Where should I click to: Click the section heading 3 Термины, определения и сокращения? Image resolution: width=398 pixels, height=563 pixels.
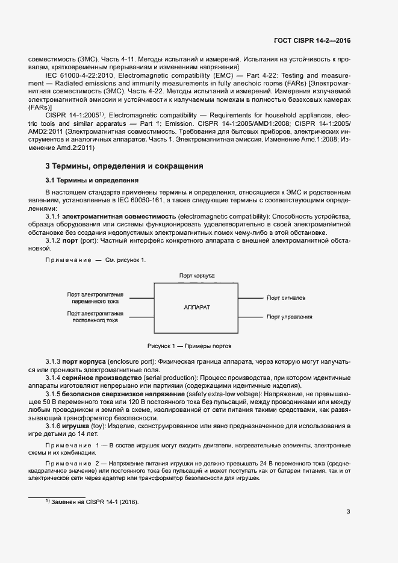point(125,166)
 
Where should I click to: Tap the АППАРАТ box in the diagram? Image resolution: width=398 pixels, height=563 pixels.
point(196,307)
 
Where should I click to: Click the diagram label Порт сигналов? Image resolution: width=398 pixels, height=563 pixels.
point(286,297)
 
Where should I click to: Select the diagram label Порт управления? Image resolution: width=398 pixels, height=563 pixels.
point(290,317)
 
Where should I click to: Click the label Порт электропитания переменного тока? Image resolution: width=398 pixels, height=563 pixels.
point(95,297)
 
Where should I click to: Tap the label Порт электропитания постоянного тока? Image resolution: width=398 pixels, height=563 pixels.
point(95,317)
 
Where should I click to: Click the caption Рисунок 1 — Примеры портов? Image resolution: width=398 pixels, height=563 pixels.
point(190,346)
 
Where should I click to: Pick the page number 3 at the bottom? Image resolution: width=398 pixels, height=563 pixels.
point(349,512)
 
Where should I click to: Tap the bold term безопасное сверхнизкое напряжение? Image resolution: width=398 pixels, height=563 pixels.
point(116,393)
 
